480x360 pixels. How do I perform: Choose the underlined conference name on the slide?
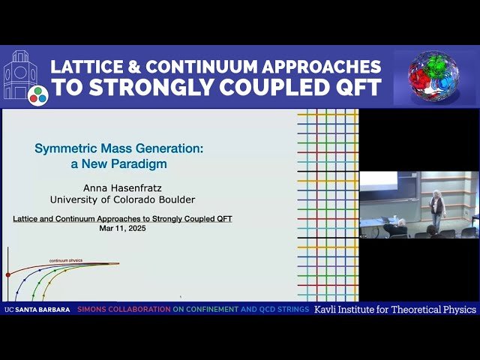click(122, 218)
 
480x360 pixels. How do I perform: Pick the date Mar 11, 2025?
click(122, 228)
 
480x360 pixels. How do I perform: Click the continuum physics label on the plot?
click(66, 260)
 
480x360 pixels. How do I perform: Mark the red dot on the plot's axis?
click(8, 275)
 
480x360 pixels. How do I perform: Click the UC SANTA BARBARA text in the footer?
click(37, 309)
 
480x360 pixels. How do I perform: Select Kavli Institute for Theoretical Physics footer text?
click(395, 309)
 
